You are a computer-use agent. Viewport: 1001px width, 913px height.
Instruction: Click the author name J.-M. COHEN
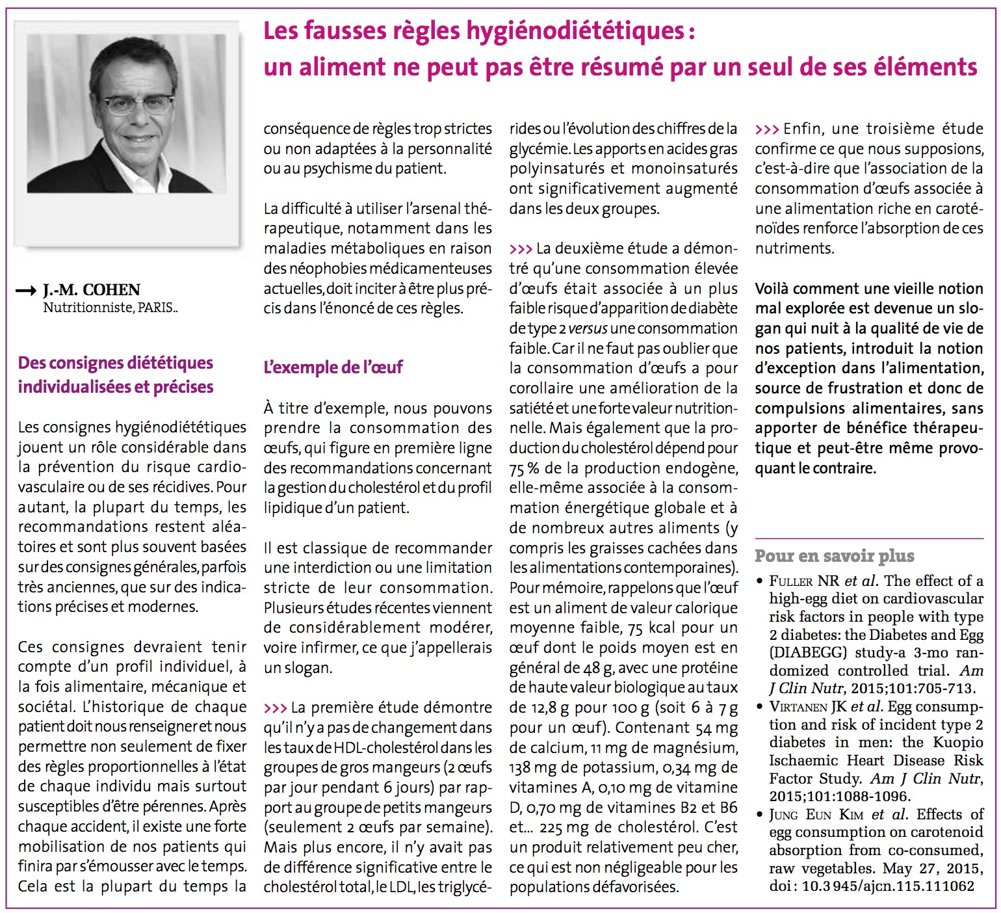[x=92, y=290]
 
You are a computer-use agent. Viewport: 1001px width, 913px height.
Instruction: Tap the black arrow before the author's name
[x=26, y=291]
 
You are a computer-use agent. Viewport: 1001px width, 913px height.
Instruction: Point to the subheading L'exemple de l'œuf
[x=333, y=367]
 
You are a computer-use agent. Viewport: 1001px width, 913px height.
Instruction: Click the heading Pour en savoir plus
[x=834, y=556]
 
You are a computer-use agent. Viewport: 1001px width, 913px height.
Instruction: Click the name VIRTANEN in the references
[x=798, y=707]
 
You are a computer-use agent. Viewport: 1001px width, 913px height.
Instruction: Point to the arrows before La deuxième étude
[x=521, y=249]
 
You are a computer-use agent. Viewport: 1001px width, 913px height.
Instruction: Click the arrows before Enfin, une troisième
[x=766, y=129]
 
